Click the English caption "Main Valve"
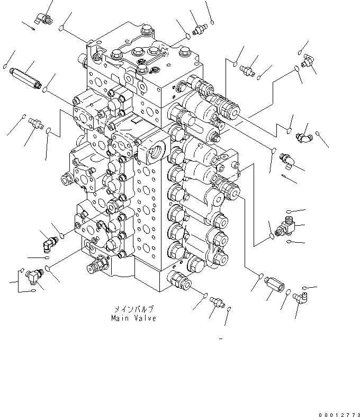pos(133,318)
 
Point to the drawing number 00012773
pos(338,412)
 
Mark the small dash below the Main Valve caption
pos(220,339)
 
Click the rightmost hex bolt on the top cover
pos(185,52)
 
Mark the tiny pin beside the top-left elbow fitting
pos(28,26)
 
